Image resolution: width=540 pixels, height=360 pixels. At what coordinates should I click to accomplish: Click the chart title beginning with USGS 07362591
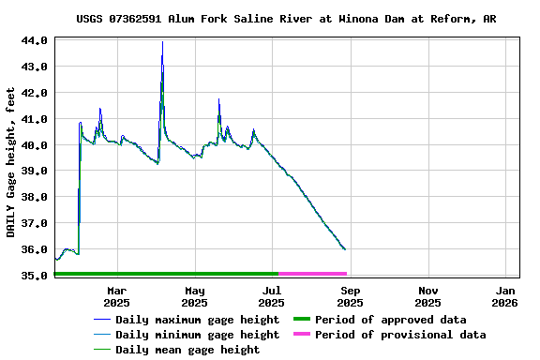pyautogui.click(x=286, y=19)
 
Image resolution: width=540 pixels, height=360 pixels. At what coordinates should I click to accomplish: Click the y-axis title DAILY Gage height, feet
pyautogui.click(x=12, y=157)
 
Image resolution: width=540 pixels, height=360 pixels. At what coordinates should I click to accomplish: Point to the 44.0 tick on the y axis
pyautogui.click(x=36, y=41)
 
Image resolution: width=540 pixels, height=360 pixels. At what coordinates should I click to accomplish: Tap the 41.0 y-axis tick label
pyautogui.click(x=36, y=119)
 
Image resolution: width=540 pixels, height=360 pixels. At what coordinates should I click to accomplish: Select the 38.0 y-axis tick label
pyautogui.click(x=36, y=198)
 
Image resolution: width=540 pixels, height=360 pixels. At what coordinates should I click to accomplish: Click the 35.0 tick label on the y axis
pyautogui.click(x=36, y=276)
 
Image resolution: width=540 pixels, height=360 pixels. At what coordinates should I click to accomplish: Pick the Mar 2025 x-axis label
pyautogui.click(x=117, y=296)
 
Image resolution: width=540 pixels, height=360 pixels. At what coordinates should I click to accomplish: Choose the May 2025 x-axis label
pyautogui.click(x=195, y=296)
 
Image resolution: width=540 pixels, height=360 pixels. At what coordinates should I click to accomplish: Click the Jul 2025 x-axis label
pyautogui.click(x=272, y=296)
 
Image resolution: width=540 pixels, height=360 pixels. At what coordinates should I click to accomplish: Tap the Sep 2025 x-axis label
pyautogui.click(x=350, y=296)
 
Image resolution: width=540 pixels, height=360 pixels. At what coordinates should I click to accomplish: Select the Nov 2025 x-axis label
pyautogui.click(x=427, y=296)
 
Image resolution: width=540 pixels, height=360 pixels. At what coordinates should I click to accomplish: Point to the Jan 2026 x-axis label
pyautogui.click(x=504, y=296)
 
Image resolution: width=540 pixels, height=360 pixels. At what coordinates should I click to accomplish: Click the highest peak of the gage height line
pyautogui.click(x=162, y=42)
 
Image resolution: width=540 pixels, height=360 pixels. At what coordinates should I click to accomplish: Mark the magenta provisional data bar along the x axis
pyautogui.click(x=313, y=274)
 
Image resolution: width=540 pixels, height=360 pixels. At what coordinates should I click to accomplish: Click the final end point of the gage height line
pyautogui.click(x=345, y=249)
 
